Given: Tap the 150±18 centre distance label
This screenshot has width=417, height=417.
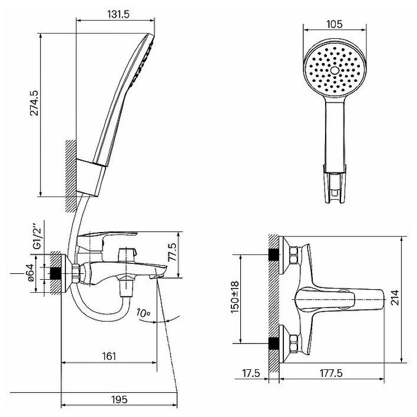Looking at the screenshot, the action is tap(234, 299).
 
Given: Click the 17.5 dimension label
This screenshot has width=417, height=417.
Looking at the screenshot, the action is tap(251, 373).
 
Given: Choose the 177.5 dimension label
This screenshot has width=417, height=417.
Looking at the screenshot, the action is tap(334, 373).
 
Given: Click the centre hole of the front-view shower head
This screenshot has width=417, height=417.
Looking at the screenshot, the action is tap(335, 70).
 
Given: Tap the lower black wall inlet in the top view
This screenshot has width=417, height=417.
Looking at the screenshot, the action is tap(274, 343).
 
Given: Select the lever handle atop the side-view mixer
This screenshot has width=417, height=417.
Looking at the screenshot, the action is tap(107, 239).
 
